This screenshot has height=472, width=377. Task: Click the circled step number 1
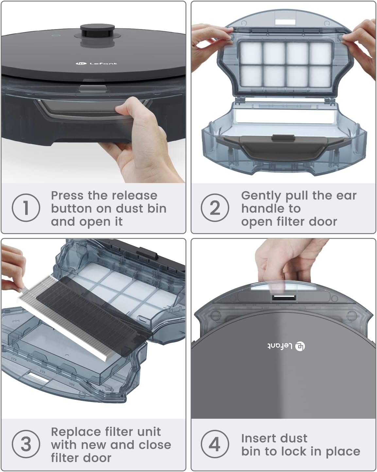26,208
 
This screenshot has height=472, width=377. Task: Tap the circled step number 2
214,208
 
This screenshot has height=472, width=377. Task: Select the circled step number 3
26,444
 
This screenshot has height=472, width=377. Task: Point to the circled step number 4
214,444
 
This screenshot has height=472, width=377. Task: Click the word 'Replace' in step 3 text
75,432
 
